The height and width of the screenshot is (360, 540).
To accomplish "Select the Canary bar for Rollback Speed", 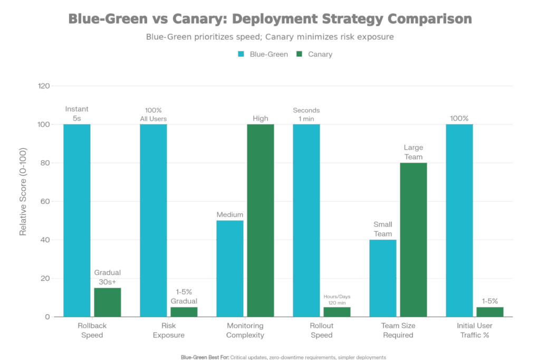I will coord(108,302).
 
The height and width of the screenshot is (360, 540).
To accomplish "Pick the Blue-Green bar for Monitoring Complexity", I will coord(230,268).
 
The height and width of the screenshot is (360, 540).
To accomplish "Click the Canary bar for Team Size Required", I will coord(413,240).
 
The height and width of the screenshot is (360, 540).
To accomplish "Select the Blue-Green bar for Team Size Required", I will coord(383,278).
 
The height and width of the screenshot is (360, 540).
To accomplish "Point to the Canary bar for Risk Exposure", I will coord(184,312).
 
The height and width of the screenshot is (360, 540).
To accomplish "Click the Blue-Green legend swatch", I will coord(241,54).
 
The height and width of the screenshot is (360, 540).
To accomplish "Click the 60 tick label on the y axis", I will coord(46,201).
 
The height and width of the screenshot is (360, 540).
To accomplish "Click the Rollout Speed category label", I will coord(322,330).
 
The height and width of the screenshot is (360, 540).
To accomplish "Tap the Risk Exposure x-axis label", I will coord(169,330).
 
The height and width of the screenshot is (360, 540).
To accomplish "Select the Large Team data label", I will coord(413,152).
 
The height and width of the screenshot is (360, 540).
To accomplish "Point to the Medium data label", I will coord(230,215).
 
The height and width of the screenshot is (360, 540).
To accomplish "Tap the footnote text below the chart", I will coord(283,357).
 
